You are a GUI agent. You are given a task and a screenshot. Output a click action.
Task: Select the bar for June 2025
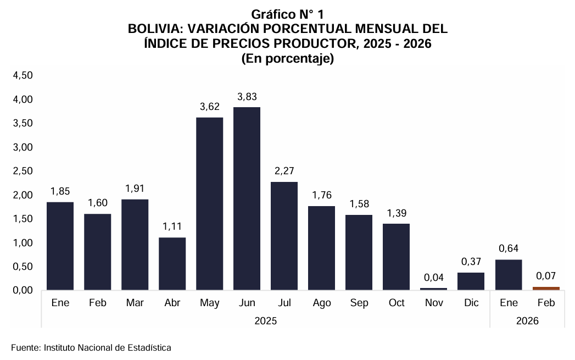(247, 198)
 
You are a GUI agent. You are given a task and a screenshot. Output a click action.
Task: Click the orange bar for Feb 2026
(546, 288)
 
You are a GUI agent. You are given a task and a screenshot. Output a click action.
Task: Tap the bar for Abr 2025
(172, 263)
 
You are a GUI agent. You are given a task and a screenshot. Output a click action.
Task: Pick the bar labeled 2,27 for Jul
(284, 235)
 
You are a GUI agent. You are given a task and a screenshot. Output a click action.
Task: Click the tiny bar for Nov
(433, 289)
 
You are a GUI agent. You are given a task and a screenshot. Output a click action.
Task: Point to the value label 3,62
(209, 107)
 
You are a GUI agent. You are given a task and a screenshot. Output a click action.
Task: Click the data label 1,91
(135, 189)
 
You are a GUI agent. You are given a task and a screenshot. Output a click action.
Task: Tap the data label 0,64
(508, 248)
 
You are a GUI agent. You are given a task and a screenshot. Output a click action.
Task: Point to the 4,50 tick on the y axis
(23, 75)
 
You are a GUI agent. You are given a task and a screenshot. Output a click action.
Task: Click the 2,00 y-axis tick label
(23, 195)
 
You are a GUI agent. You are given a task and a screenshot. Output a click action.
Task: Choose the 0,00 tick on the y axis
(23, 290)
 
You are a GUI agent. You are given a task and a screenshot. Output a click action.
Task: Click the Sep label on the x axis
(359, 303)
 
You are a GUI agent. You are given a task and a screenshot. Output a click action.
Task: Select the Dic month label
(471, 303)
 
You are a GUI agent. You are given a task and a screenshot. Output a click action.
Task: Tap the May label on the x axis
(209, 303)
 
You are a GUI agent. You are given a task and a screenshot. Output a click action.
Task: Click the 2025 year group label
(265, 320)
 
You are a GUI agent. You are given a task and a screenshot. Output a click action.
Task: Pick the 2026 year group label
(527, 320)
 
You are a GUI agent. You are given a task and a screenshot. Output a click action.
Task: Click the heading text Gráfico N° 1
(288, 14)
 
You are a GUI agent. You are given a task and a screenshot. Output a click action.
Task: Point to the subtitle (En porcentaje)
(288, 59)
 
